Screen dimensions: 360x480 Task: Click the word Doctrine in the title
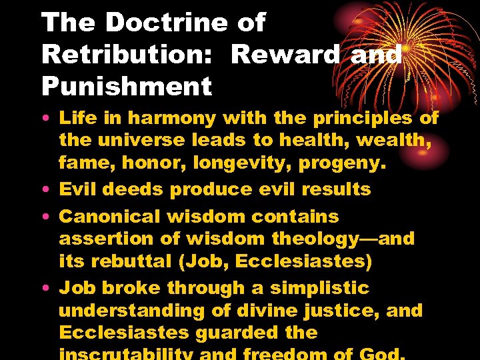coord(167,23)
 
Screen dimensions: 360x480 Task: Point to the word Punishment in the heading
coord(127,86)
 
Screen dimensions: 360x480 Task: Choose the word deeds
coord(133,189)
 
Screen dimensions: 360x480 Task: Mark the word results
coord(337,189)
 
